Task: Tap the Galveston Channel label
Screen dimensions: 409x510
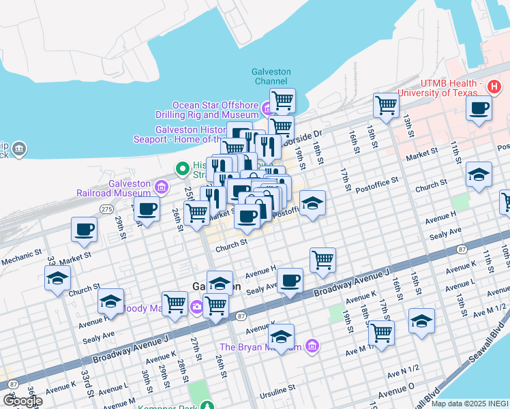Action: click(271, 76)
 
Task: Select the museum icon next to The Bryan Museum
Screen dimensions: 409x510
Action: click(312, 347)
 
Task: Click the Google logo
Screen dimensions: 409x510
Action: click(22, 400)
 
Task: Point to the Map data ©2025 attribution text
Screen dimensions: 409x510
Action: click(469, 404)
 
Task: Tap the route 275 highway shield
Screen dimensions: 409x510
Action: click(106, 209)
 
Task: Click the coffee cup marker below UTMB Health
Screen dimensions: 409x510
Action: click(479, 108)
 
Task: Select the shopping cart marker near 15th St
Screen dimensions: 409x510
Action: click(386, 106)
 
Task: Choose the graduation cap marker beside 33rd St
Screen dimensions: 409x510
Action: click(57, 277)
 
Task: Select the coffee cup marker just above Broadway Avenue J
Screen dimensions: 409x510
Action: click(290, 280)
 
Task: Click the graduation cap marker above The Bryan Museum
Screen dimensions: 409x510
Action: click(281, 336)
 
